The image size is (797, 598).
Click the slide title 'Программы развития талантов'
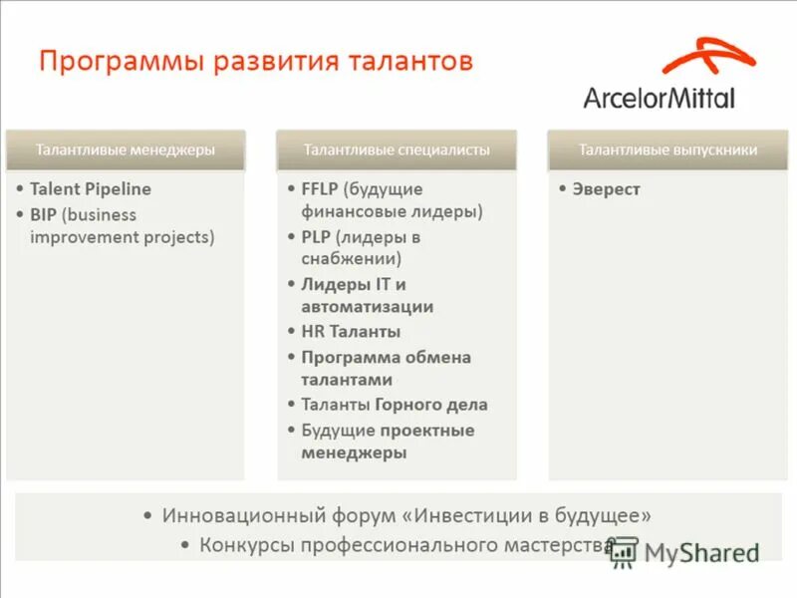(x=255, y=62)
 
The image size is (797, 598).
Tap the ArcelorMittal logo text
(x=659, y=99)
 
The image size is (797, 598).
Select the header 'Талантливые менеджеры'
(x=126, y=149)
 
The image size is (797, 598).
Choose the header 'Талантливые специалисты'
(x=397, y=149)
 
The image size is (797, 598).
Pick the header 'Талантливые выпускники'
(x=667, y=149)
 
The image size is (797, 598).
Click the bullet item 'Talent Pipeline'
(x=91, y=188)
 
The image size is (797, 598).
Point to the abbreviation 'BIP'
(x=43, y=214)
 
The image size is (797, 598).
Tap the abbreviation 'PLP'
(x=316, y=237)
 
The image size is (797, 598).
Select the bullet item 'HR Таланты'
(x=351, y=332)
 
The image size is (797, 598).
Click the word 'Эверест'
(x=606, y=188)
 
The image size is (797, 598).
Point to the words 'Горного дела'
(x=431, y=405)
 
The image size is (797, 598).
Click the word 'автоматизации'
(x=367, y=307)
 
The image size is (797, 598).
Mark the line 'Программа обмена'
(x=386, y=357)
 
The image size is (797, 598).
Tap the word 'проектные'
(x=426, y=430)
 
